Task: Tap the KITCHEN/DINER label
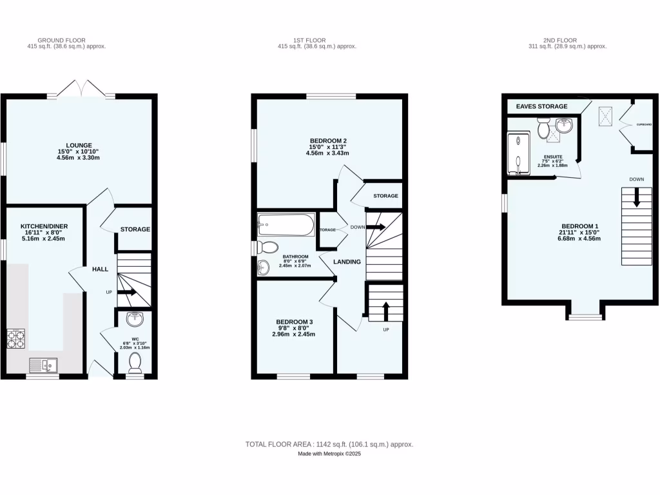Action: pyautogui.click(x=44, y=226)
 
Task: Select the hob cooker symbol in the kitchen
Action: pyautogui.click(x=15, y=338)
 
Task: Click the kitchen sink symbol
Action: pyautogui.click(x=43, y=365)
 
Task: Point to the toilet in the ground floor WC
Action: pyautogui.click(x=135, y=363)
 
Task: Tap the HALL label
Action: pyautogui.click(x=100, y=269)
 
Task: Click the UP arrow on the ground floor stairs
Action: pyautogui.click(x=126, y=292)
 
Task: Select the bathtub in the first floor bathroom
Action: pyautogui.click(x=286, y=226)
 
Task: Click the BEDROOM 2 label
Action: pyautogui.click(x=328, y=141)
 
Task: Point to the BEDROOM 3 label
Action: pyautogui.click(x=294, y=322)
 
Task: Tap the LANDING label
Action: pyautogui.click(x=347, y=262)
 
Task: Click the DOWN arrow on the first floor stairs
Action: pyautogui.click(x=376, y=227)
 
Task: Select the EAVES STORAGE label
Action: pyautogui.click(x=542, y=106)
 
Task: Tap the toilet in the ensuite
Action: pyautogui.click(x=542, y=130)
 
